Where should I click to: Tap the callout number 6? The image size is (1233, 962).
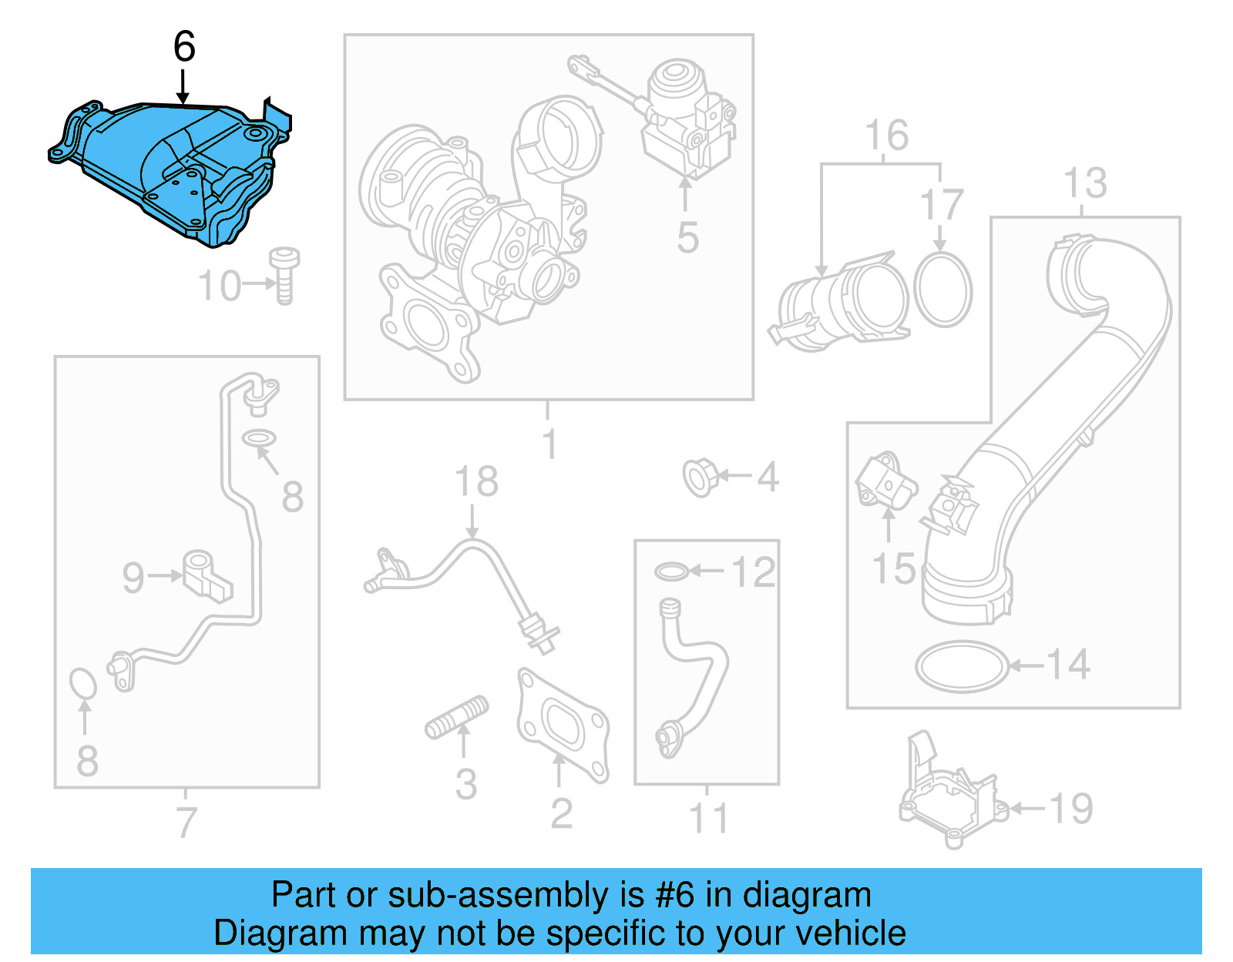click(x=184, y=47)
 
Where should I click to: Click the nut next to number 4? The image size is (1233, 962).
click(x=700, y=477)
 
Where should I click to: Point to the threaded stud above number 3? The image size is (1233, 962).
click(x=457, y=718)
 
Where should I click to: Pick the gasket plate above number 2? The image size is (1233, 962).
click(x=563, y=724)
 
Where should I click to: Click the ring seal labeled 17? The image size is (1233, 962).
click(x=943, y=290)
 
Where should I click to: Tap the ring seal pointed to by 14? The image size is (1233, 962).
click(x=962, y=666)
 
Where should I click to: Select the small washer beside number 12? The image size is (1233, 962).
click(x=671, y=572)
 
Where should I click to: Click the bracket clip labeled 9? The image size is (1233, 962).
click(x=206, y=575)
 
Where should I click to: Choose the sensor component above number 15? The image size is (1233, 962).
click(x=887, y=481)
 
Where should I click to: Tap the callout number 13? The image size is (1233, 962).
click(x=1084, y=184)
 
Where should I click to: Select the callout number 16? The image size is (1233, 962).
click(x=886, y=136)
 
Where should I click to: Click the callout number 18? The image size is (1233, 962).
click(x=476, y=482)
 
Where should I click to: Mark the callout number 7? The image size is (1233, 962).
click(x=186, y=822)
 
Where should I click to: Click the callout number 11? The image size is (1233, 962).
click(x=708, y=818)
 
